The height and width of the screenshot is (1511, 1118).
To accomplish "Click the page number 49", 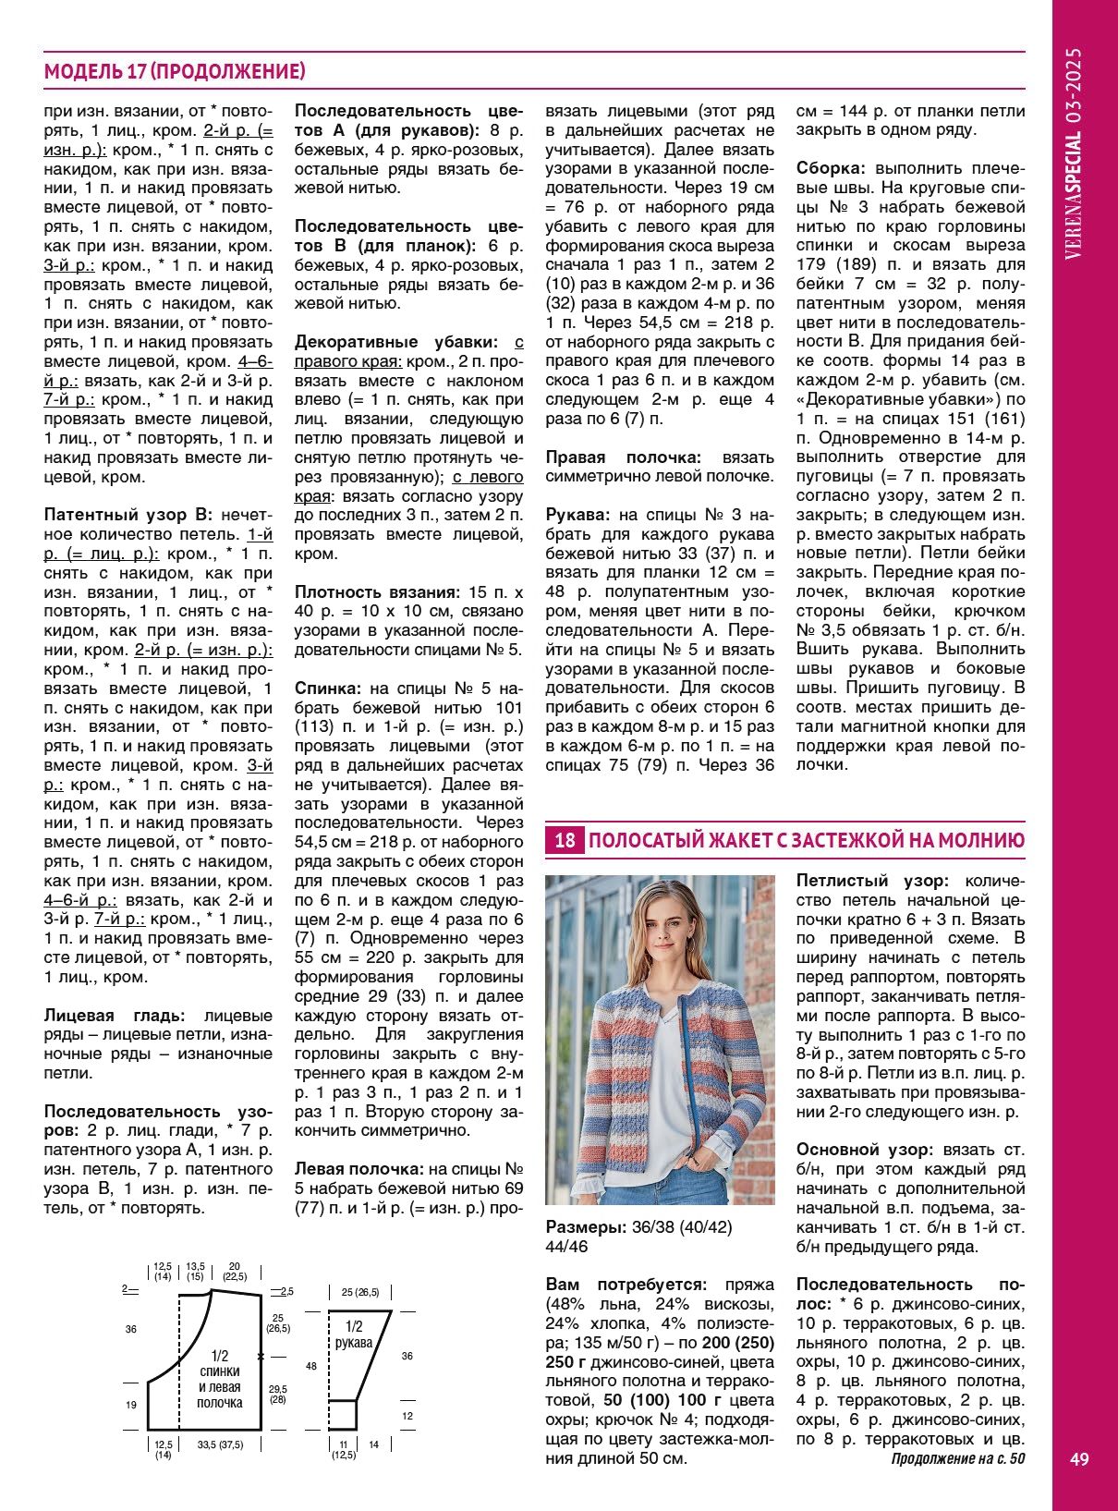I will pos(1079,1459).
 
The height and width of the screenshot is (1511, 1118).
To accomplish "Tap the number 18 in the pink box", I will pos(565,840).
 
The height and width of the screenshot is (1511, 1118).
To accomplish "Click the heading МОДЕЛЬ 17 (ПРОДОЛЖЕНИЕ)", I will pos(175,71).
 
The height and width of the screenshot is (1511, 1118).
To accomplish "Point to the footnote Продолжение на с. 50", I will pos(957,1459).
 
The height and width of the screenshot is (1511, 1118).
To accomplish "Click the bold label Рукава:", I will pos(578,515).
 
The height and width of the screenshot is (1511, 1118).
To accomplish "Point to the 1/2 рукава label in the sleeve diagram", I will pos(353,1334).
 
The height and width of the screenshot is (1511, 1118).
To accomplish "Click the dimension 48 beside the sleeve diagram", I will pos(311,1366).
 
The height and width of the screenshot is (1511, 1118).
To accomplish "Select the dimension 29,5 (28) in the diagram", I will pos(277,1394).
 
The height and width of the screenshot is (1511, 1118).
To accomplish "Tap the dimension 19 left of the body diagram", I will pos(131,1405).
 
